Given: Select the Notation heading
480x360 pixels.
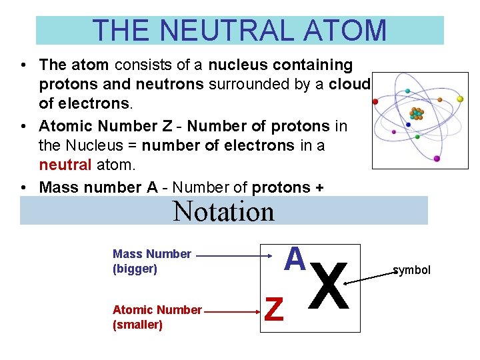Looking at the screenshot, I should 223,211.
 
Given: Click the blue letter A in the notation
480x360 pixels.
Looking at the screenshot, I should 294,259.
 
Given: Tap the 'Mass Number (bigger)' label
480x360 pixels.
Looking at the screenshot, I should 152,261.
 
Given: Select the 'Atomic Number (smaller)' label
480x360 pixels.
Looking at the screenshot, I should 157,317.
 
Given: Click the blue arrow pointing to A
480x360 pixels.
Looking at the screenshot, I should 233,255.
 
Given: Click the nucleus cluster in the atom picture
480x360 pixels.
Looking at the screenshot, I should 416,113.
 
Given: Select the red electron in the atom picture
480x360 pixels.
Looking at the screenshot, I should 375,102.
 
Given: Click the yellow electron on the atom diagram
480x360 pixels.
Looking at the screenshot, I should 459,99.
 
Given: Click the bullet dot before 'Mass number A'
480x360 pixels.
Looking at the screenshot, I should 23,188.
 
